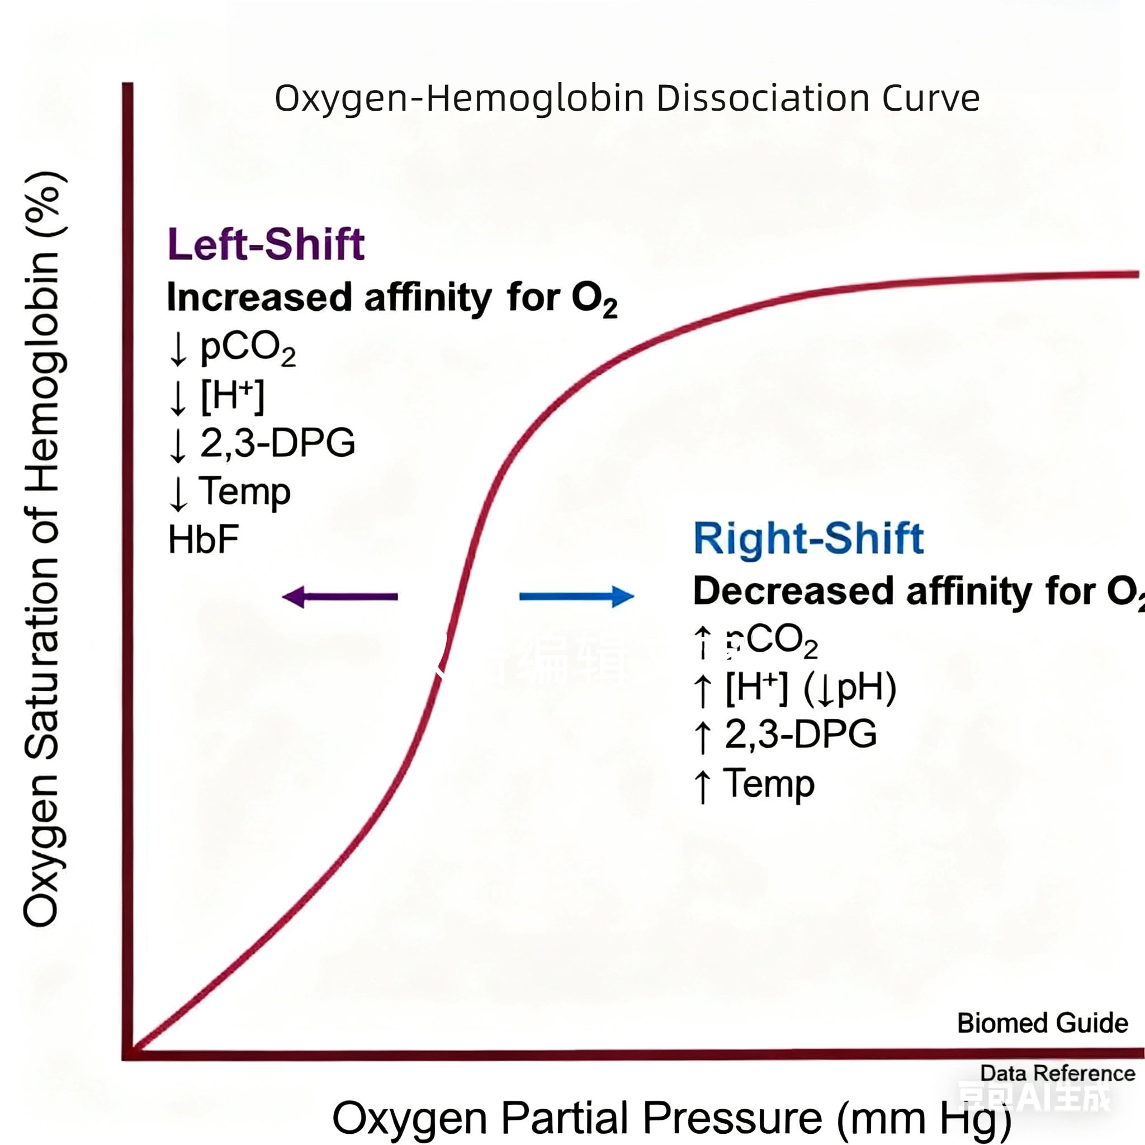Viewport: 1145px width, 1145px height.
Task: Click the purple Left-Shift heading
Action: coord(266,244)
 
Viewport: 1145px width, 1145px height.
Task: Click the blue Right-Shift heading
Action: coord(808,538)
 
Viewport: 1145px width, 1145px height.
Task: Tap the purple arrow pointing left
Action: coord(339,597)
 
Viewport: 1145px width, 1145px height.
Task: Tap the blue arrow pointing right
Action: coord(576,596)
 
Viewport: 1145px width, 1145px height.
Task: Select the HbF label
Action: coord(204,540)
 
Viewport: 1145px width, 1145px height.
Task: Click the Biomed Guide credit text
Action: coord(1042,1023)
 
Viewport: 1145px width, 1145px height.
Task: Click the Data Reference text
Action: coord(1057,1072)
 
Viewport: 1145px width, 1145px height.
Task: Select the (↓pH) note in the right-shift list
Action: coord(849,688)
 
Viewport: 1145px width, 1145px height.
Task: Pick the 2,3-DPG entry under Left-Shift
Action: coord(277,443)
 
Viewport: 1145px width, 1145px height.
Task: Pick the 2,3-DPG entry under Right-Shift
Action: coord(800,734)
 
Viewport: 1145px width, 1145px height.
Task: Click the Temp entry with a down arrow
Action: coord(244,491)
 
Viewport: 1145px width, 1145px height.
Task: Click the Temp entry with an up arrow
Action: coord(769,783)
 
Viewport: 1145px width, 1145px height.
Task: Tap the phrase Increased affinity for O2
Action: coord(391,297)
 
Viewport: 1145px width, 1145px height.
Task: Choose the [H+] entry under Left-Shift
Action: coord(231,395)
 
